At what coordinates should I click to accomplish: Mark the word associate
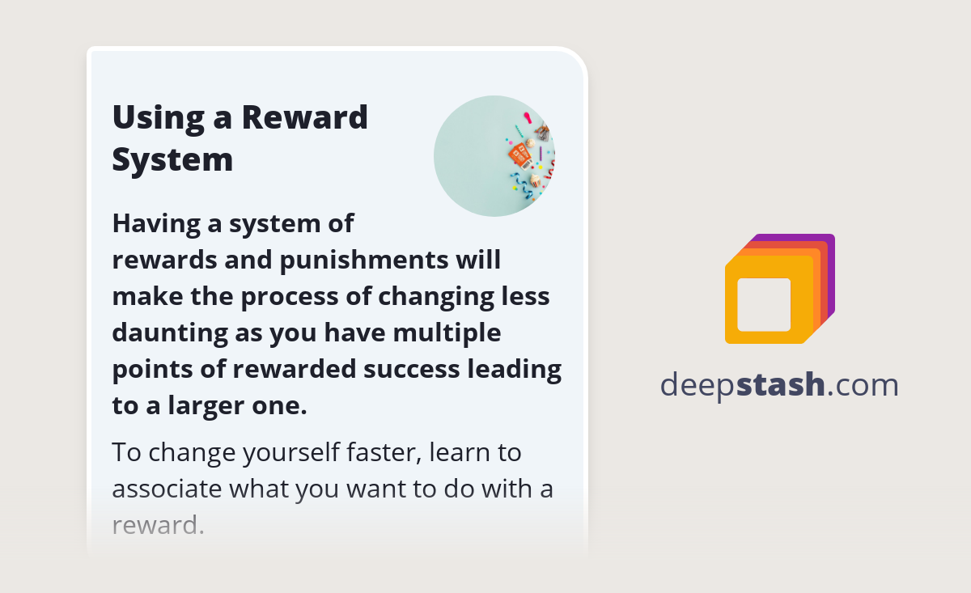[167, 489]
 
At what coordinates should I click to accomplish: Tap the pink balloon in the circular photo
[528, 118]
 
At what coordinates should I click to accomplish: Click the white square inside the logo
[764, 305]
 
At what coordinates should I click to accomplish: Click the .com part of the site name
[863, 385]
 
